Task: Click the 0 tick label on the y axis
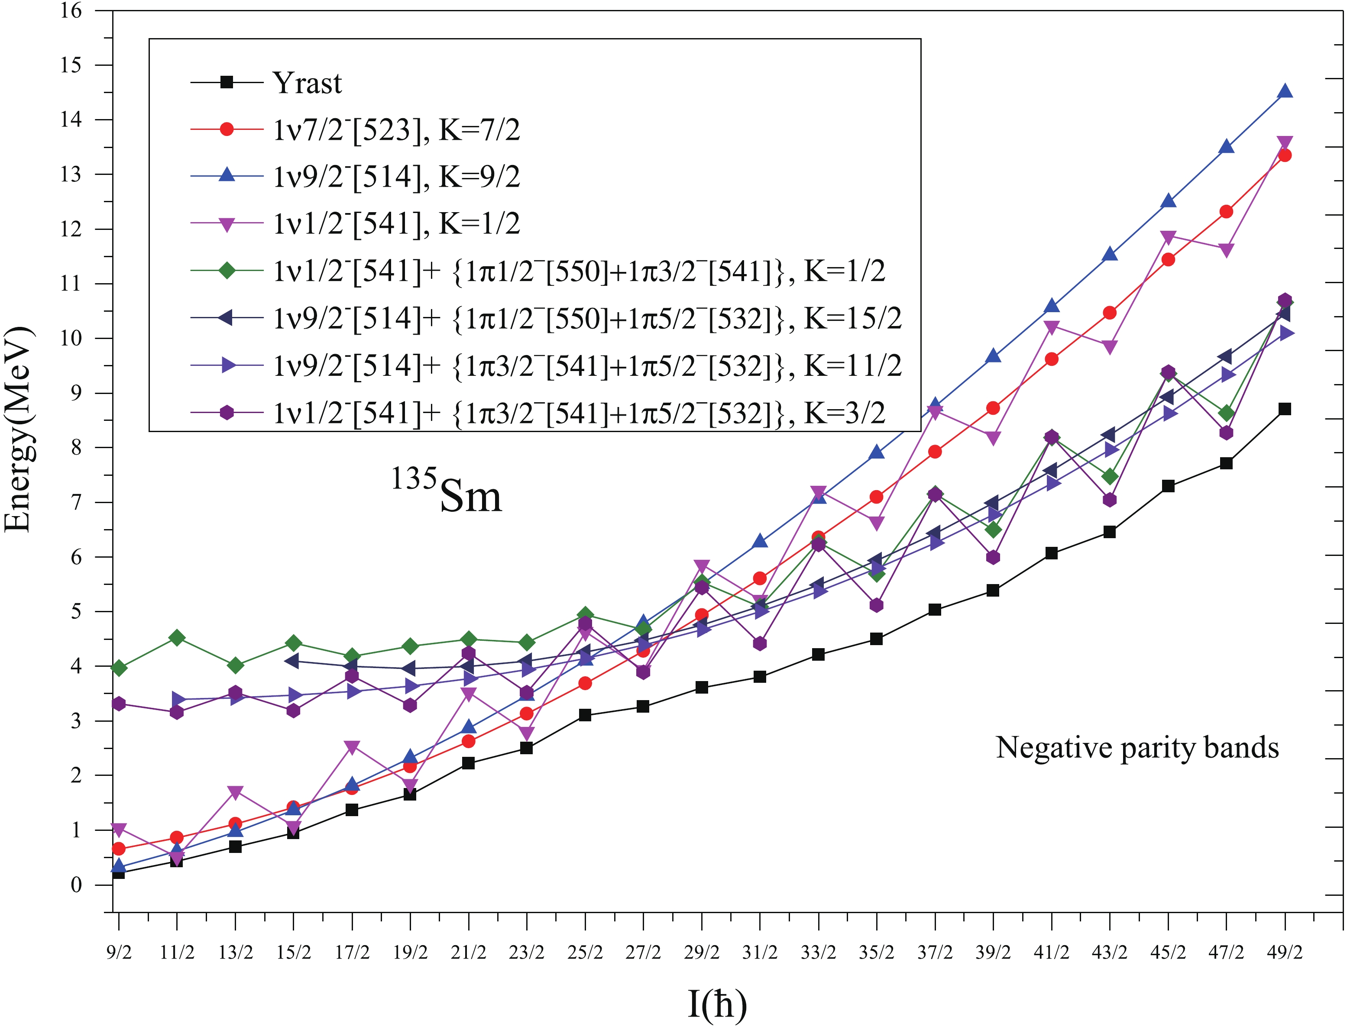pyautogui.click(x=76, y=885)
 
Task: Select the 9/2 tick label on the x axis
pyautogui.click(x=119, y=952)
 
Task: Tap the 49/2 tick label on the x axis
pyautogui.click(x=1285, y=952)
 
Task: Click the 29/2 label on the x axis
pyautogui.click(x=701, y=952)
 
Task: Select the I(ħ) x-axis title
pyautogui.click(x=717, y=1003)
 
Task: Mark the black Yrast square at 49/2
pyautogui.click(x=1285, y=409)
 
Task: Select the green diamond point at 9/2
pyautogui.click(x=119, y=668)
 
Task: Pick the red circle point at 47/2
pyautogui.click(x=1226, y=212)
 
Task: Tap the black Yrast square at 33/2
pyautogui.click(x=818, y=654)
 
